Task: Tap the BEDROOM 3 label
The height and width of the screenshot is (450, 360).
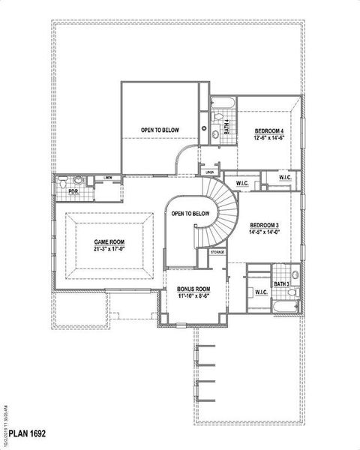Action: (x=265, y=225)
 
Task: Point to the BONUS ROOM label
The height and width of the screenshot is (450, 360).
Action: (x=193, y=289)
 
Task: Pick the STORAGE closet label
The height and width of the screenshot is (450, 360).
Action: (x=217, y=253)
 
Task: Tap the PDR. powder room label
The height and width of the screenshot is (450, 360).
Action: (x=73, y=191)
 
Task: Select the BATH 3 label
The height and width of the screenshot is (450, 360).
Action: (x=281, y=284)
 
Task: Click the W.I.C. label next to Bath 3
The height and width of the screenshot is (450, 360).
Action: (x=261, y=292)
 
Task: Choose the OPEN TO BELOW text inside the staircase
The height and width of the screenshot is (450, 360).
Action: (x=190, y=214)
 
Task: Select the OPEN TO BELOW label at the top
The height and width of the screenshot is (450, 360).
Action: (x=160, y=130)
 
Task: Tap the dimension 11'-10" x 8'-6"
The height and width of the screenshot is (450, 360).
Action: (x=193, y=296)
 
